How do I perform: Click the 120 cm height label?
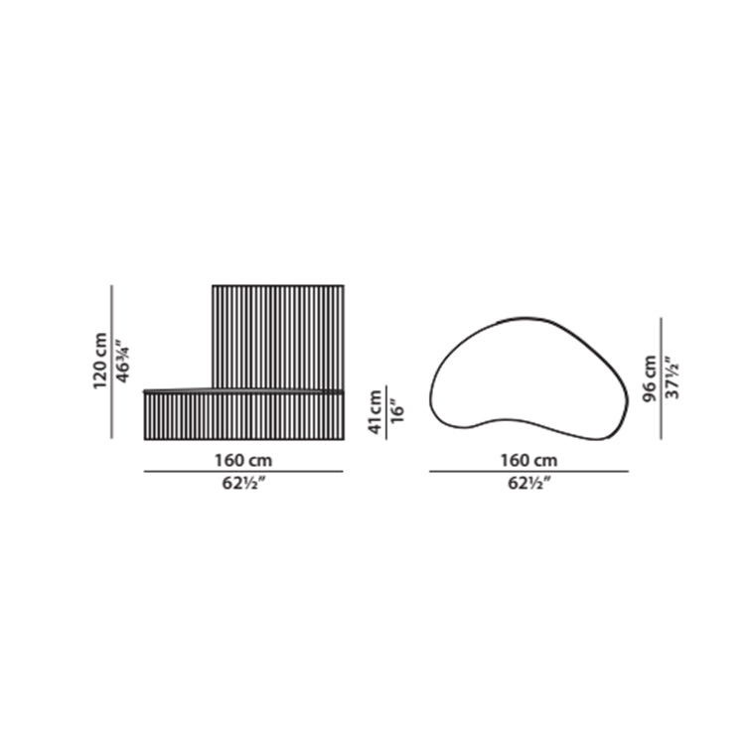click(100, 361)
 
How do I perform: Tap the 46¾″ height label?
click(122, 362)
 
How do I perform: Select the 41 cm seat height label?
click(375, 412)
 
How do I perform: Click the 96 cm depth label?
click(649, 378)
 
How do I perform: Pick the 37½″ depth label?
click(673, 377)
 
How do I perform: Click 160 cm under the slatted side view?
click(243, 460)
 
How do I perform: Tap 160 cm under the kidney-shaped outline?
click(528, 460)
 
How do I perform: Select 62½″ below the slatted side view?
click(243, 483)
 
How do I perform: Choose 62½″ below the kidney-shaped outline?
click(529, 483)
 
